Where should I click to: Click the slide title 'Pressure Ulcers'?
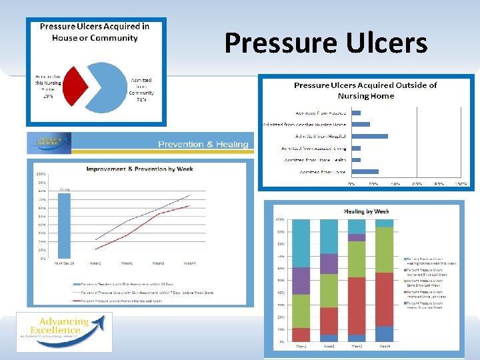325,43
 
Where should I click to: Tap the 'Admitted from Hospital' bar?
369,136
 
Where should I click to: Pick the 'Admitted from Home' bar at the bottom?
365,172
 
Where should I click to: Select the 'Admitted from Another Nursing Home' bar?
361,124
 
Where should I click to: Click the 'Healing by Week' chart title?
367,211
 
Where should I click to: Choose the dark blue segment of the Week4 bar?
384,333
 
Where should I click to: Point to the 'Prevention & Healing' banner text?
203,144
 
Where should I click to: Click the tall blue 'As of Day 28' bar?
63,224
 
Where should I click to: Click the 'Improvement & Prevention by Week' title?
139,169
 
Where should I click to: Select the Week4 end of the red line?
189,206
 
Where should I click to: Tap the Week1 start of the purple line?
95,240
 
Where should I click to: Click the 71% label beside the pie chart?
141,100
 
